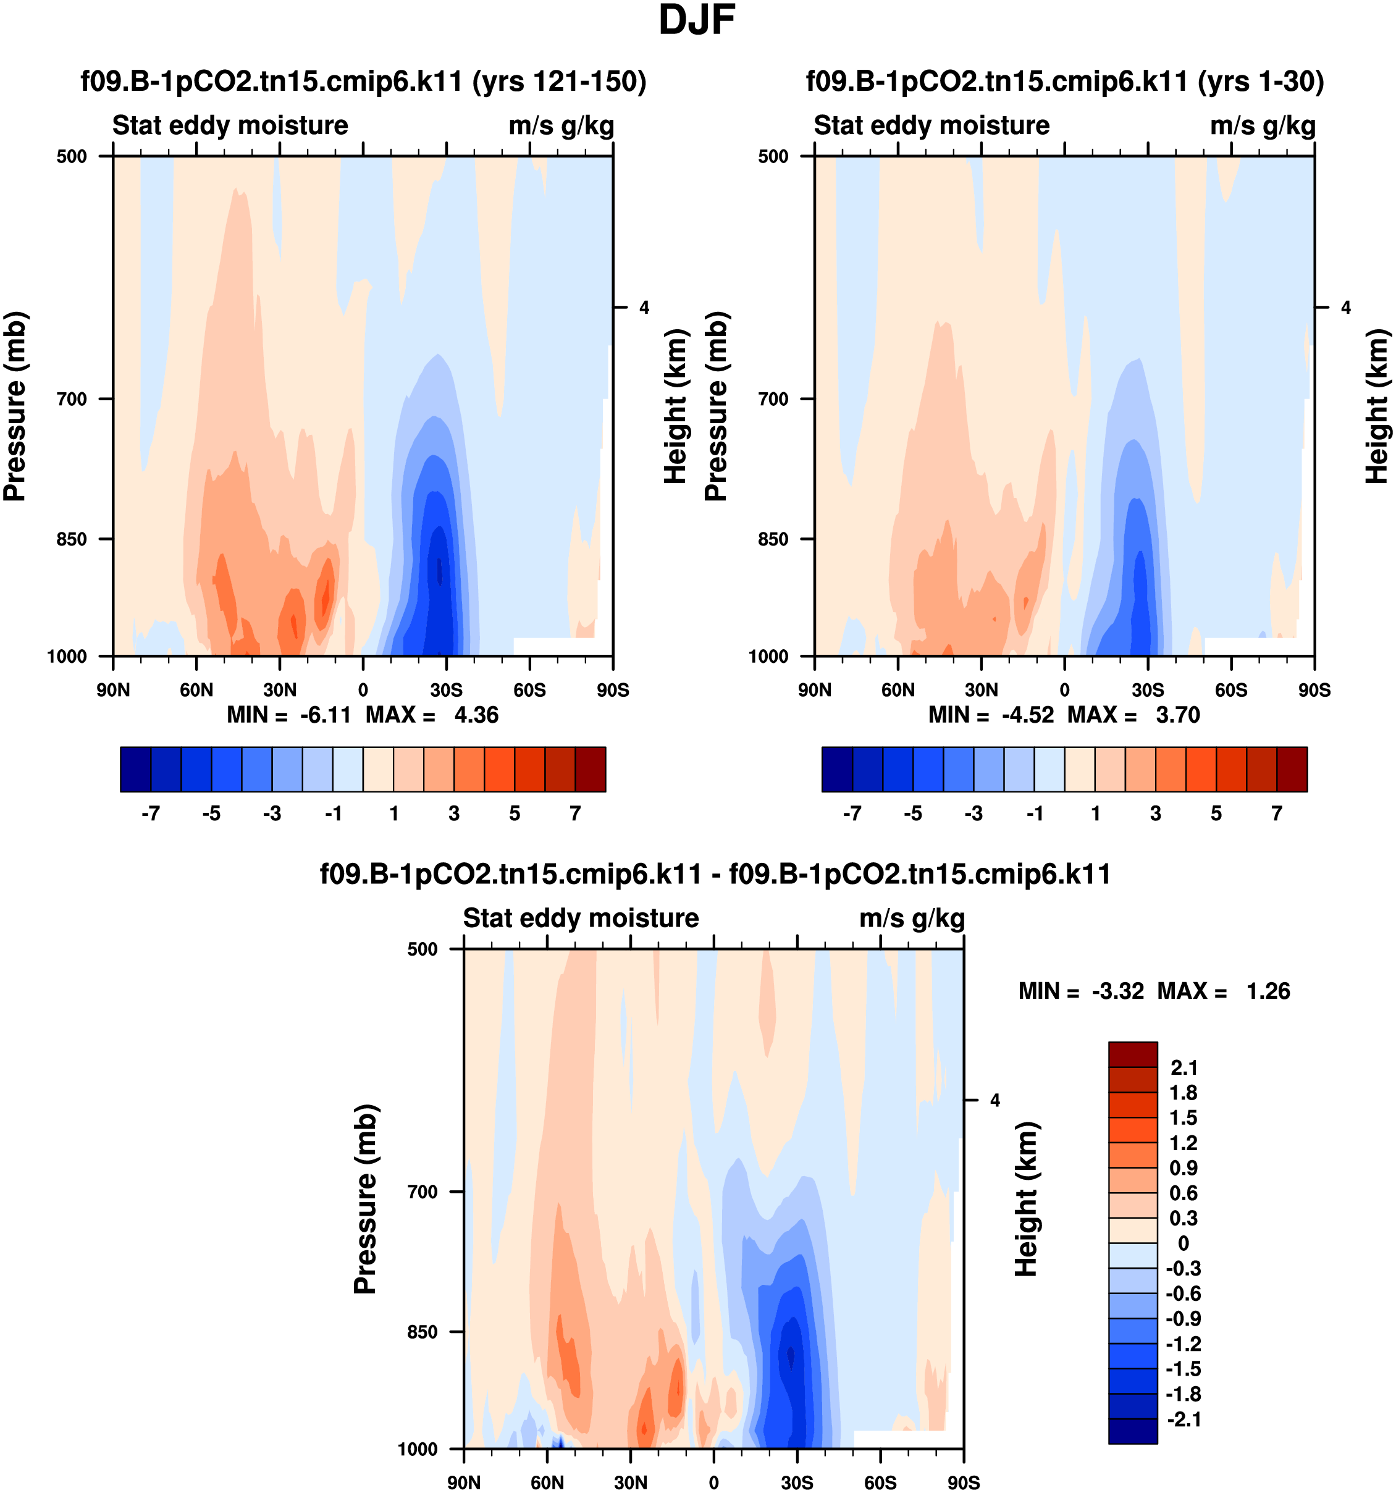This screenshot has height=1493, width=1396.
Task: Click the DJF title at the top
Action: click(x=696, y=21)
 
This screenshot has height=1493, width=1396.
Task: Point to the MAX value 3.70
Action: click(x=1177, y=714)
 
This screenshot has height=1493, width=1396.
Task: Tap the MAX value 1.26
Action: click(x=1268, y=991)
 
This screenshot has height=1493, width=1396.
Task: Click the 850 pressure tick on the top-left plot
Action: click(x=72, y=539)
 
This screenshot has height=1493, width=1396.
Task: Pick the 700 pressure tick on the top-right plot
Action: click(x=773, y=400)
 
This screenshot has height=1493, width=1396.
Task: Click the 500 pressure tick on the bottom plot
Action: click(x=422, y=949)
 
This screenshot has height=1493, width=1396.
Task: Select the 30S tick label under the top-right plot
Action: click(x=1148, y=690)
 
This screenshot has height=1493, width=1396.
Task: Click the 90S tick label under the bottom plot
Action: click(x=964, y=1482)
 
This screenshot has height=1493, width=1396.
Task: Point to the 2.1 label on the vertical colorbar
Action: click(x=1184, y=1067)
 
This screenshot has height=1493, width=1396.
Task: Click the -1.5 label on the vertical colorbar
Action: click(x=1183, y=1368)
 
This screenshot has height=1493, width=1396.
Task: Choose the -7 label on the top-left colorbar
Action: click(x=150, y=814)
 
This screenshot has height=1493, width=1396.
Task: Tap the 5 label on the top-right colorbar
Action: click(x=1216, y=814)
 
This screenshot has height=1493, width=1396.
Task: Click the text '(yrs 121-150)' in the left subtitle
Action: click(x=560, y=81)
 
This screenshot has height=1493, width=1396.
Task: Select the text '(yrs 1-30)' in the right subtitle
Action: click(x=1261, y=81)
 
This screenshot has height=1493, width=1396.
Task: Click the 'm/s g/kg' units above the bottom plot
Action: click(x=912, y=918)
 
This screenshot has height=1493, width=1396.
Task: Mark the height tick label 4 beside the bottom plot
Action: click(x=995, y=1100)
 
